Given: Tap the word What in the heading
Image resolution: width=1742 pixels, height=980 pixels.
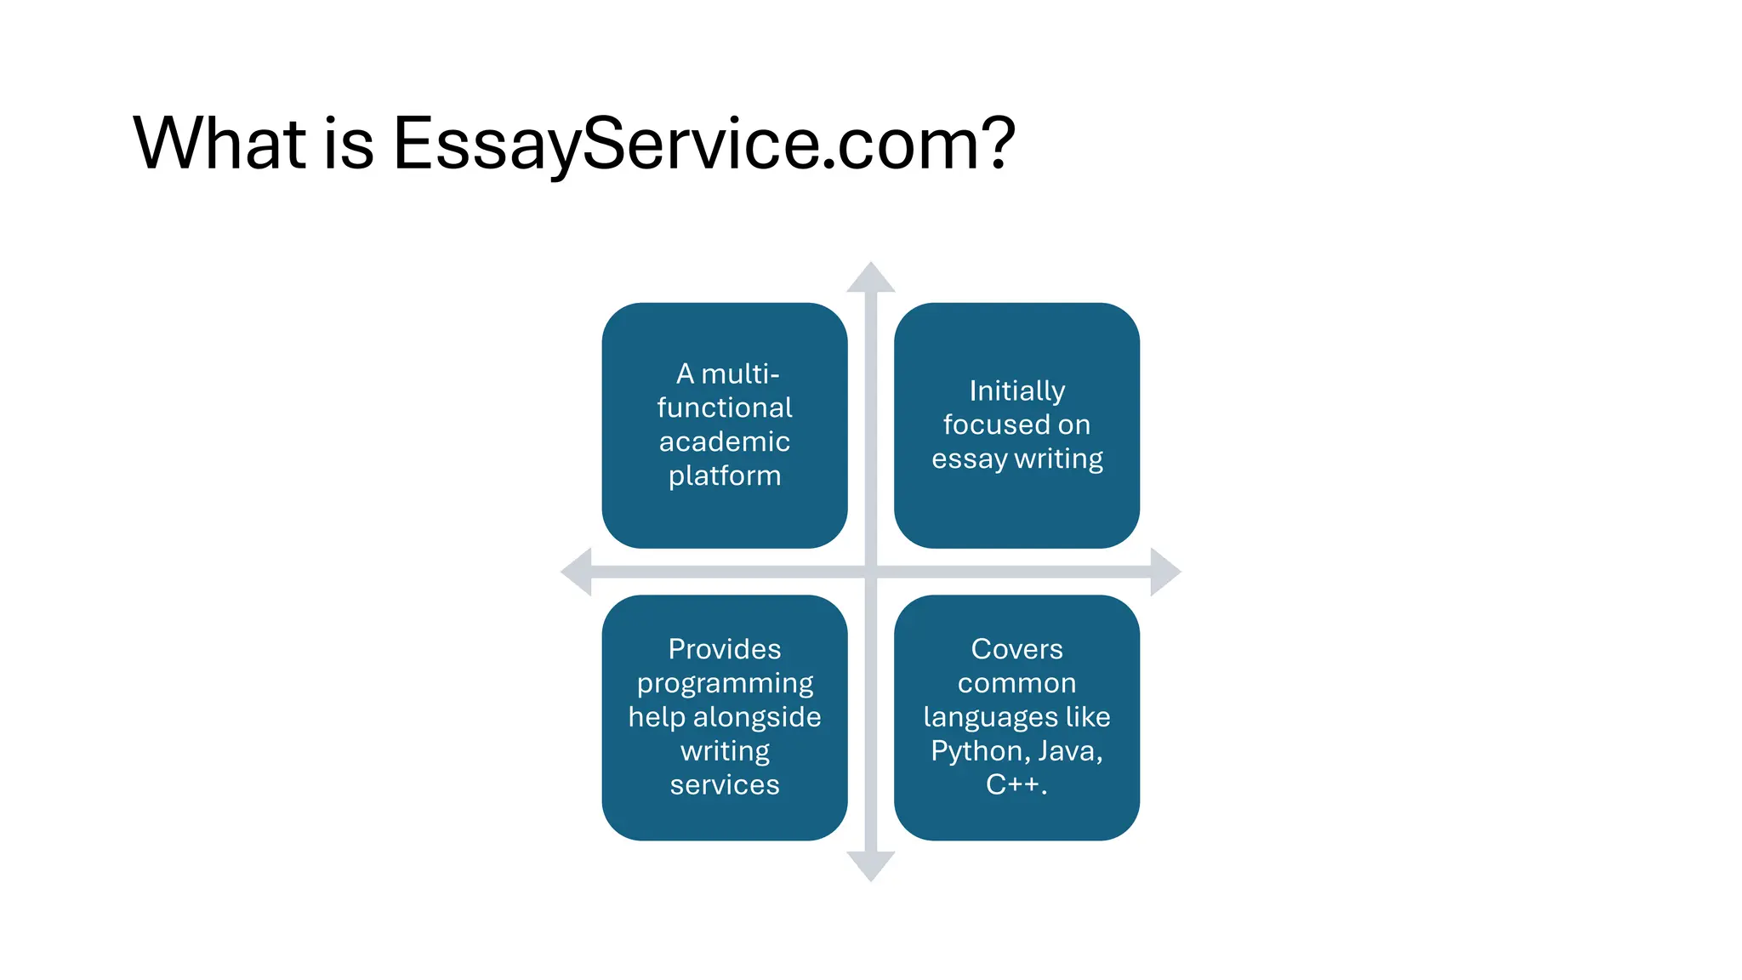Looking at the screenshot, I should (x=219, y=143).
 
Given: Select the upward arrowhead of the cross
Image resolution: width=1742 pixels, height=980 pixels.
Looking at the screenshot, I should (x=870, y=277).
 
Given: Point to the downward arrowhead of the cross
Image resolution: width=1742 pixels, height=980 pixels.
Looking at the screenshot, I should (x=870, y=866).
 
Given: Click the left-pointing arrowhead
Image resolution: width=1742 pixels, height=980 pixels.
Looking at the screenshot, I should (x=577, y=572).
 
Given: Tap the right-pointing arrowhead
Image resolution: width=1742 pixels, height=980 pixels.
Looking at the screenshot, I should (x=1165, y=572).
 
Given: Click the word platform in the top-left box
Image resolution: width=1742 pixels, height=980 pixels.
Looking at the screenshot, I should (x=725, y=476).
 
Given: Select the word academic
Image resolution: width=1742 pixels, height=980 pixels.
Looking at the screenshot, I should (x=725, y=442).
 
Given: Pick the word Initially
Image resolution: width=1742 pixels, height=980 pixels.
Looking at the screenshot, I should (x=1016, y=390).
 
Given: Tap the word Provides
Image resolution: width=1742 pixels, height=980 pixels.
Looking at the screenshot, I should (x=725, y=649).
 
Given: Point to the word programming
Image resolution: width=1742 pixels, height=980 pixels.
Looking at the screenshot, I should (x=725, y=684).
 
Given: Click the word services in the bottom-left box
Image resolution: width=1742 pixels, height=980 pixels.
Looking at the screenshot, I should (x=725, y=784).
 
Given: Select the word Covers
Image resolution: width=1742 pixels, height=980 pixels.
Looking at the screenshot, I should (x=1016, y=649).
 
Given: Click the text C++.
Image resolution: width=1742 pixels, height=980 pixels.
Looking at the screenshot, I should (x=1014, y=784).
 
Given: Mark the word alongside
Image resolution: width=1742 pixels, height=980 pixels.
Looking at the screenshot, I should (x=757, y=717).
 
